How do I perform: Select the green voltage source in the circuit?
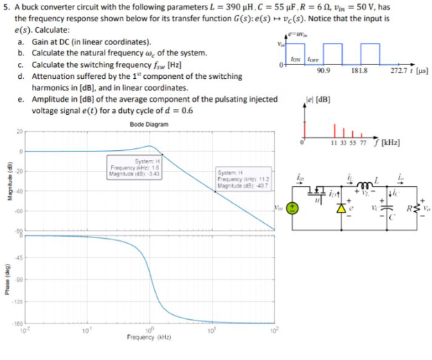tap(293, 206)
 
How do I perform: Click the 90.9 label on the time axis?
tap(322, 71)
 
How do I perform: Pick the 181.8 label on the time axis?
tap(360, 71)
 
